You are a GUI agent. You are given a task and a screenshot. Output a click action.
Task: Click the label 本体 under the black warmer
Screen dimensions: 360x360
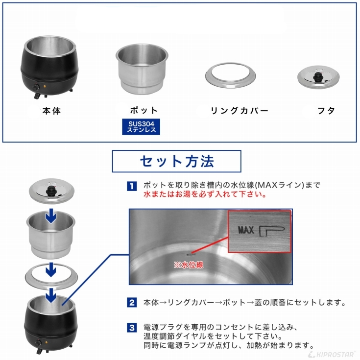(51, 111)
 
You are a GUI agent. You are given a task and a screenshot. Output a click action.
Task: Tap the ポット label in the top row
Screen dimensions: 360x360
(144, 110)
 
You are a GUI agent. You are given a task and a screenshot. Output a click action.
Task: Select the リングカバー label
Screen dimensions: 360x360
(240, 111)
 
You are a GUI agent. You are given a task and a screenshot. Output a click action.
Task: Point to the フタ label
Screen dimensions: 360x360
(326, 111)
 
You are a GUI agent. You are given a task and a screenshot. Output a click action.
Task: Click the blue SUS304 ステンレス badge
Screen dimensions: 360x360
(141, 127)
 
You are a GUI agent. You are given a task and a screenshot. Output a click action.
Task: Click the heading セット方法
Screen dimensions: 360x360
(177, 161)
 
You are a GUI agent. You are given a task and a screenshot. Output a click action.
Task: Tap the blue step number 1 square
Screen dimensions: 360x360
(132, 186)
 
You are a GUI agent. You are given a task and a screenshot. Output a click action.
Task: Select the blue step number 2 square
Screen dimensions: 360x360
(132, 302)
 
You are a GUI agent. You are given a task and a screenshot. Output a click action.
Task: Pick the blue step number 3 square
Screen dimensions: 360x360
(132, 328)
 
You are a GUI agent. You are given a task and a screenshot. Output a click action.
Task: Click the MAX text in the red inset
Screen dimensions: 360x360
(246, 230)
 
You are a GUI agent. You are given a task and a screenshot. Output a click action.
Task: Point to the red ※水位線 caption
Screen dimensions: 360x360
(189, 265)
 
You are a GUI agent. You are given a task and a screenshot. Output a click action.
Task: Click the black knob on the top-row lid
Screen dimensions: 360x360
(318, 77)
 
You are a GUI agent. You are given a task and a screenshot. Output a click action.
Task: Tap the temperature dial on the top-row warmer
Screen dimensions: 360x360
(36, 88)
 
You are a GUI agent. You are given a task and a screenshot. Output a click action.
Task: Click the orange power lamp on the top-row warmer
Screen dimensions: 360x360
(45, 87)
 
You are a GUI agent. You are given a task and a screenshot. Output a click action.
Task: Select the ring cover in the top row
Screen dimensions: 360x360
(230, 75)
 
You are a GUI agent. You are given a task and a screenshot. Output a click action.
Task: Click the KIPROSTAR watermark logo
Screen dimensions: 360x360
(332, 354)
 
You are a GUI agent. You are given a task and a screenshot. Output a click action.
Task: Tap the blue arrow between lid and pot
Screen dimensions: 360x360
(51, 216)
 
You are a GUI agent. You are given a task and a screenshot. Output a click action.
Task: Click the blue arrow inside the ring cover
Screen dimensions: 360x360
(51, 270)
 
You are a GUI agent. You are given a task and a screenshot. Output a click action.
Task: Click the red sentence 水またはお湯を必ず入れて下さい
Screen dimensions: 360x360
(205, 194)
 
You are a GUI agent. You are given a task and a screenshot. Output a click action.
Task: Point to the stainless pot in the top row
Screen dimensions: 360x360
(142, 69)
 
